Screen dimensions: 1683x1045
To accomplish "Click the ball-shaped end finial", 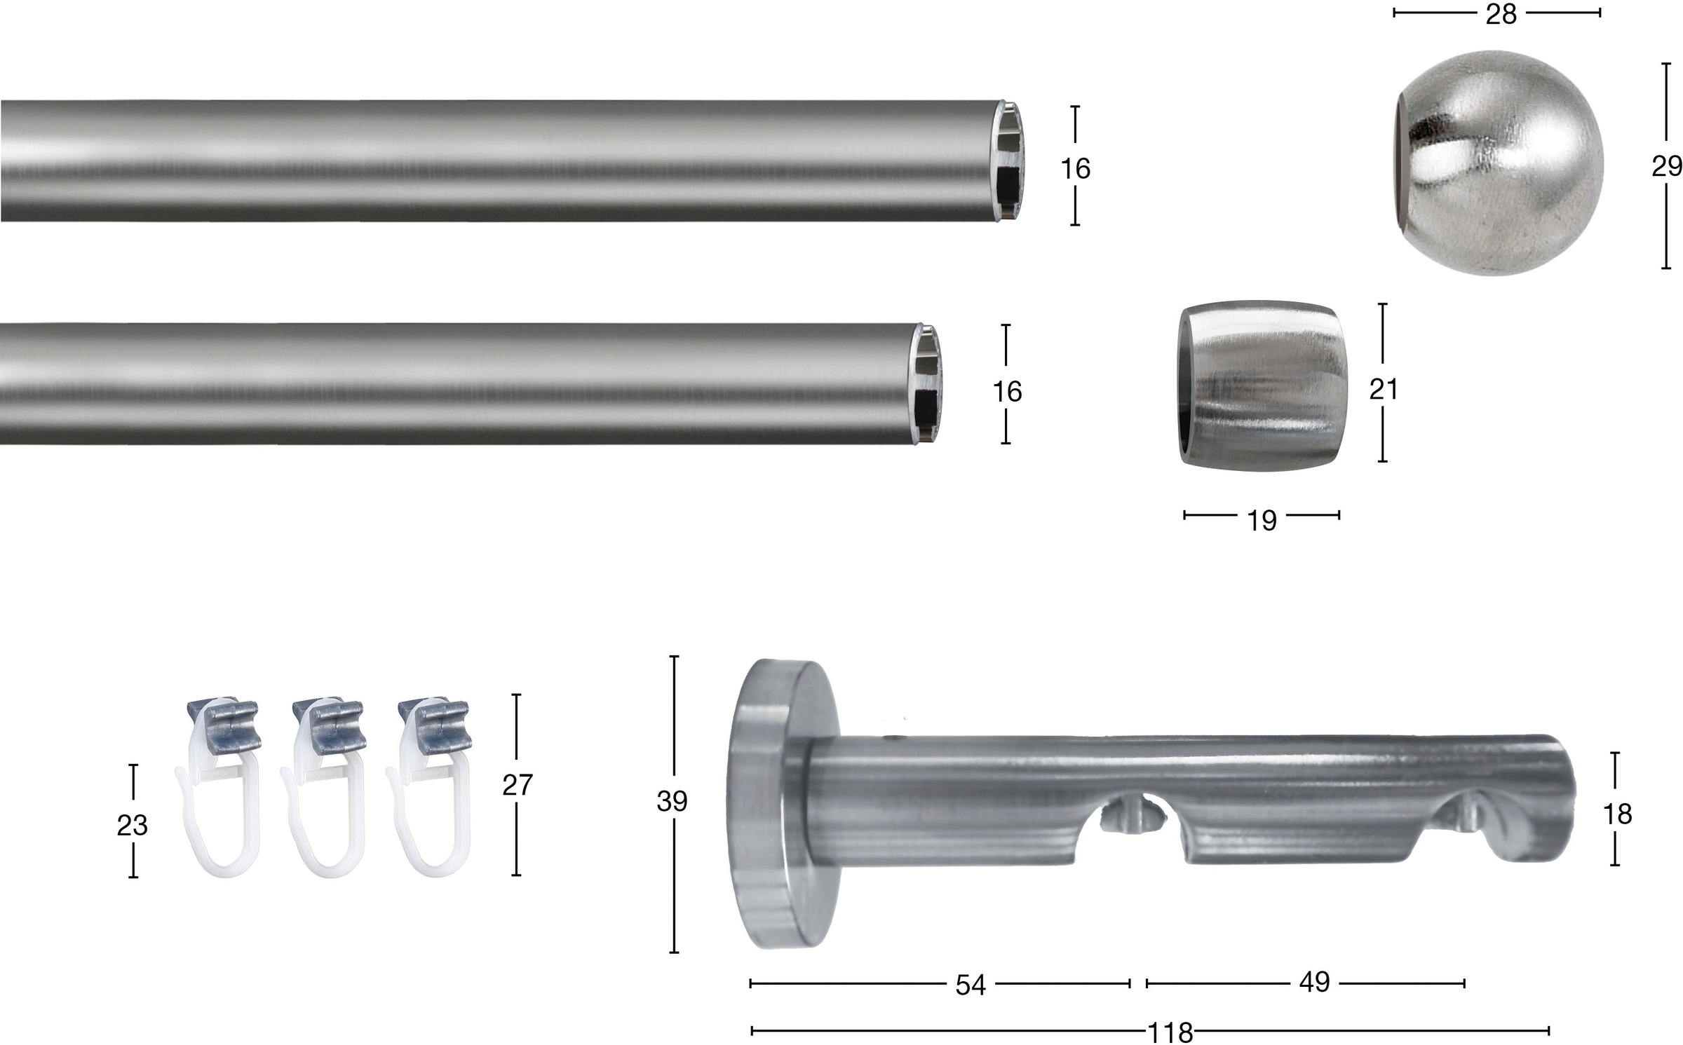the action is click(x=1497, y=163).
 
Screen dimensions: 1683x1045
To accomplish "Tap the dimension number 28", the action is click(x=1501, y=14).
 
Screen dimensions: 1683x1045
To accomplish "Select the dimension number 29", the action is click(x=1666, y=166).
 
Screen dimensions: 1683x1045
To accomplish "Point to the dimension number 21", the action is click(x=1384, y=389).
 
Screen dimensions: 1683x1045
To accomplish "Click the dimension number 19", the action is click(x=1262, y=520).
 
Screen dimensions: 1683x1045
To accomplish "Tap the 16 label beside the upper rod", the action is click(x=1075, y=168).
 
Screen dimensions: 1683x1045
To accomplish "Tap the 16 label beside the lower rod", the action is click(x=1007, y=391).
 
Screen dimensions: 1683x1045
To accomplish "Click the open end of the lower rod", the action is click(x=929, y=383).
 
